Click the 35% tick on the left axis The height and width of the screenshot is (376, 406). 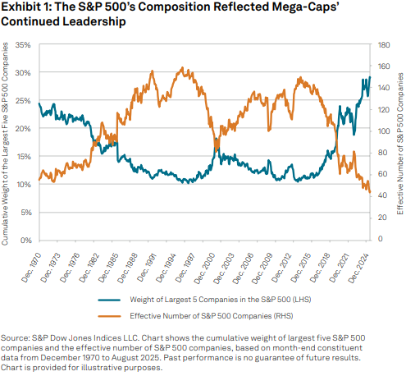(x=25, y=44)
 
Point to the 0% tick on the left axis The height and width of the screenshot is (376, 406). (x=28, y=240)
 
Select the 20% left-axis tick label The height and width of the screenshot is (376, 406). (x=25, y=128)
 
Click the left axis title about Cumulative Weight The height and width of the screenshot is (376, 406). (x=7, y=141)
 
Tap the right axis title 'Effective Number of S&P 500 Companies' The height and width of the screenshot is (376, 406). (x=399, y=141)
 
